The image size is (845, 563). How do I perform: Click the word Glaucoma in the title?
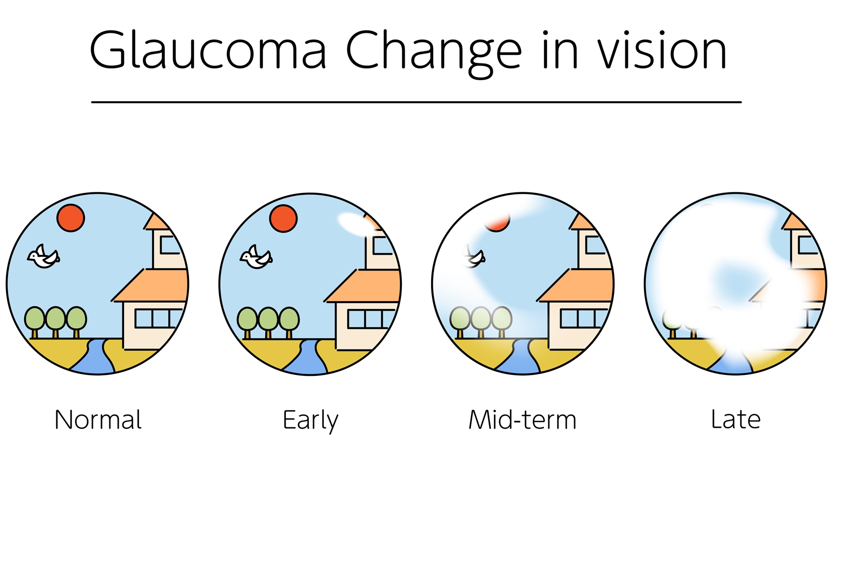(208, 50)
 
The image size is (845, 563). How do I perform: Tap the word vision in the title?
(662, 50)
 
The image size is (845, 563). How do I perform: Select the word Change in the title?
(434, 53)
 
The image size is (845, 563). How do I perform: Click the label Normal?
(98, 419)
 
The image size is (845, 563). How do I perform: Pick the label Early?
(310, 420)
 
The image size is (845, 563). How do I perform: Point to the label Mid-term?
(522, 419)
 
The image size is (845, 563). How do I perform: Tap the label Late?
(736, 419)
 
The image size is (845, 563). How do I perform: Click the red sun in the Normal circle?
(70, 218)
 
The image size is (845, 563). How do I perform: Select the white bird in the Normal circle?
(44, 257)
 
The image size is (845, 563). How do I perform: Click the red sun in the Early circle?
(283, 218)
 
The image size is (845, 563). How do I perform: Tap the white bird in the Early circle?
(256, 257)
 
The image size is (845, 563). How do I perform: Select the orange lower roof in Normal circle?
(150, 285)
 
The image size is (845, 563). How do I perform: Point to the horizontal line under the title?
(416, 102)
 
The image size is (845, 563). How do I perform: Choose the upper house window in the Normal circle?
(170, 244)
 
